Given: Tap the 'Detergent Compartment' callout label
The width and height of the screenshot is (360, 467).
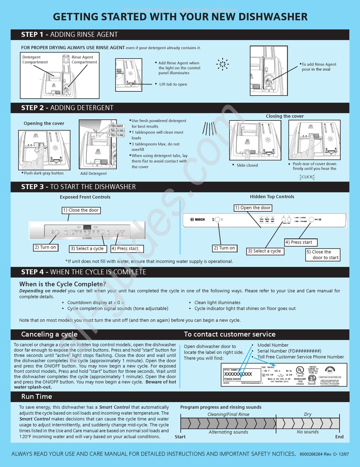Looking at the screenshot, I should click(35, 59).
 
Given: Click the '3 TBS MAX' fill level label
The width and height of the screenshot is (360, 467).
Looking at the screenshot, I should click(116, 126).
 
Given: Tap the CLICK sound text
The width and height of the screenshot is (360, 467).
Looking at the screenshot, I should click(307, 177).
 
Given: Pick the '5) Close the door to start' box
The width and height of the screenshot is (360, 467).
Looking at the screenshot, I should click(323, 255).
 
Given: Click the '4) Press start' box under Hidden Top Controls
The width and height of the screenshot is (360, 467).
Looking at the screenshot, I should click(301, 242).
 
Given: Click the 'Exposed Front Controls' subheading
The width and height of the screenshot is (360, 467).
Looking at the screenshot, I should click(85, 197).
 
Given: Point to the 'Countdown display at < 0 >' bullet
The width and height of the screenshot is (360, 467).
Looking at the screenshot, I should click(95, 303).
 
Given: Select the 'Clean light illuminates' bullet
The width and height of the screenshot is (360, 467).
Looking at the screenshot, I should click(217, 303).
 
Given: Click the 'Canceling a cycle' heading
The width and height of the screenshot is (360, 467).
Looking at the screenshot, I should click(49, 334).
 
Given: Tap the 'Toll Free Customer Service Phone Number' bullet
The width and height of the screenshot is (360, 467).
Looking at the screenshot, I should click(301, 357).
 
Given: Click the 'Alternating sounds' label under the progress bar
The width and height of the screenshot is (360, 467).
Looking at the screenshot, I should click(228, 432).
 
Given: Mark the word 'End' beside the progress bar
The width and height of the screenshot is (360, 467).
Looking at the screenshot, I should click(339, 437).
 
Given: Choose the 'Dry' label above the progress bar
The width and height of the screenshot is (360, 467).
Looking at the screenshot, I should click(308, 414).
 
